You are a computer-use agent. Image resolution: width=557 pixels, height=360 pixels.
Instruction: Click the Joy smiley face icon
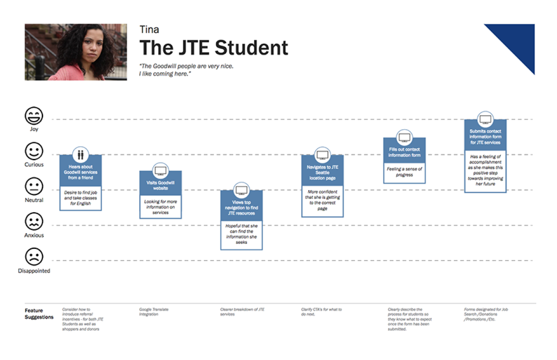[x=34, y=115]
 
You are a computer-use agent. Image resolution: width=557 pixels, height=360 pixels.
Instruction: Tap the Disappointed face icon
[x=34, y=257]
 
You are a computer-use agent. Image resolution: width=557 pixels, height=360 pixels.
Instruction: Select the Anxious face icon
[x=34, y=222]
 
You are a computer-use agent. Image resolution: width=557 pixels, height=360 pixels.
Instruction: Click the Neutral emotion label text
[x=34, y=200]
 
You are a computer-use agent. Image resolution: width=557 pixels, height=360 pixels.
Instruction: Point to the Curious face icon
[x=34, y=151]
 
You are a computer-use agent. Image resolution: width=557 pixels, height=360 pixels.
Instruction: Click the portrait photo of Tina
[x=76, y=52]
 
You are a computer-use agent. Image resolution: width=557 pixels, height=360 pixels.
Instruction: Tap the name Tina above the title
[x=149, y=30]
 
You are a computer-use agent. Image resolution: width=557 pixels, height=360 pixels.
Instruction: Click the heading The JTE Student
[x=214, y=48]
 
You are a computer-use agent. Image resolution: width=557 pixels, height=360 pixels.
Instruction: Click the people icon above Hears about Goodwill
[x=81, y=155]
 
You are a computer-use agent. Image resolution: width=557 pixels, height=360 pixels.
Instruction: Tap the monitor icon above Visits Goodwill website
[x=161, y=170]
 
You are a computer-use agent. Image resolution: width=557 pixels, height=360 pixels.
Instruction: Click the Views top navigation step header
[x=241, y=208]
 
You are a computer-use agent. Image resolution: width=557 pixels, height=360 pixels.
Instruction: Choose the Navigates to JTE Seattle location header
[x=323, y=172]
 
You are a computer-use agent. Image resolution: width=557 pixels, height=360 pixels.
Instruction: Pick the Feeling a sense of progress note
[x=404, y=172]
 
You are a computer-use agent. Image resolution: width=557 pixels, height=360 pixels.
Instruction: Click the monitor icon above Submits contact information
[x=486, y=119]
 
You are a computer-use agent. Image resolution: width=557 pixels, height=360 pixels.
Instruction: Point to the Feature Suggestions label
[x=39, y=314]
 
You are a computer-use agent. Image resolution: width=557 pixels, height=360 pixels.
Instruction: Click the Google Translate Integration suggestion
[x=154, y=312]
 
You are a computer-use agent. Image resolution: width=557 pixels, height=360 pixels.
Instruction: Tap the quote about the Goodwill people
[x=186, y=70]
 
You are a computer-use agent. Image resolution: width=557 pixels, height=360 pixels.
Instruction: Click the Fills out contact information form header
[x=404, y=152]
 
